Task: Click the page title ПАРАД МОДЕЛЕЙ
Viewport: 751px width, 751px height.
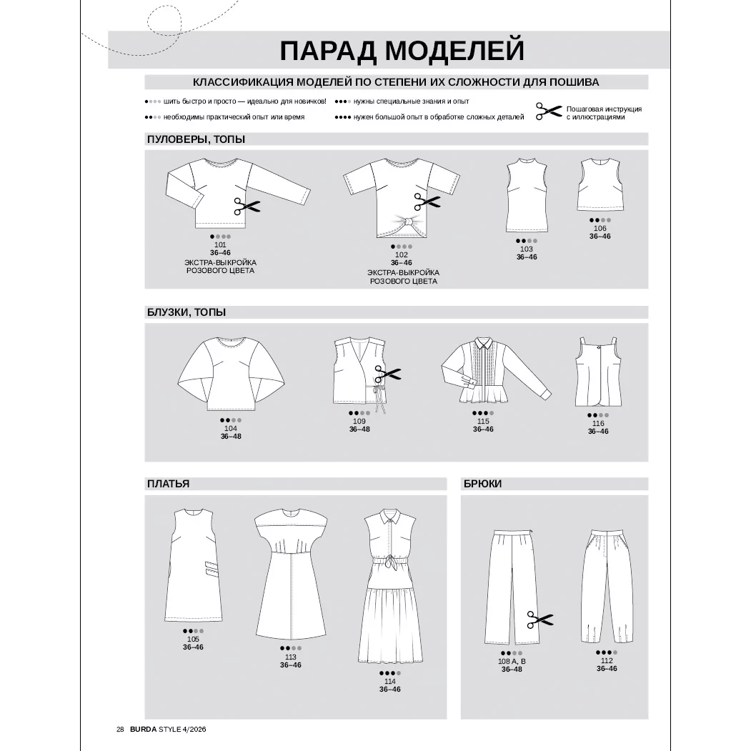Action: (x=402, y=51)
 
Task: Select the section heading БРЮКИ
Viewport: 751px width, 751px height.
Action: (x=482, y=484)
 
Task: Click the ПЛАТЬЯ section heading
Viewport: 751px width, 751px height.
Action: (x=168, y=484)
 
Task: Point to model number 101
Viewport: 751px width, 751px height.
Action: (x=220, y=244)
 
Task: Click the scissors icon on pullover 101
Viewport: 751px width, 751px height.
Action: (x=247, y=207)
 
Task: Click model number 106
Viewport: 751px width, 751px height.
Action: (x=600, y=229)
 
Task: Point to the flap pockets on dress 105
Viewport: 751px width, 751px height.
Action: (x=209, y=570)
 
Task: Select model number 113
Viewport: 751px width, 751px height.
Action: (x=290, y=657)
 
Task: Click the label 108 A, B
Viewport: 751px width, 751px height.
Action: (x=512, y=662)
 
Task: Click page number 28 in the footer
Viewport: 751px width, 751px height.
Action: (x=120, y=730)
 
